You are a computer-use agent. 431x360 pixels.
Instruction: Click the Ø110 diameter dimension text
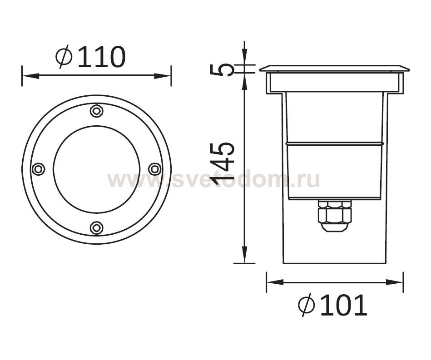pos(91,57)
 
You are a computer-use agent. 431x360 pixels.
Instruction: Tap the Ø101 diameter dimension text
pos(332,305)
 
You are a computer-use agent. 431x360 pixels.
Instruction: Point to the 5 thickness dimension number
pos(222,69)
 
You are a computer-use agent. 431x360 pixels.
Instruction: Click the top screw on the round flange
pos(96,111)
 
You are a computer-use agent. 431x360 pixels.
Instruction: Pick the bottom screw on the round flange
pos(96,228)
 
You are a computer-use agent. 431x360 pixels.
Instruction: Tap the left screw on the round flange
pos(39,169)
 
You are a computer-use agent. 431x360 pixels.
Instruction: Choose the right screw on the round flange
pos(154,169)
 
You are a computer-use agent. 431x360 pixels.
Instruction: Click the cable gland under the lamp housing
pos(334,215)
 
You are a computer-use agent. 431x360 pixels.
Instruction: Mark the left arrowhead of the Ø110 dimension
pos(30,76)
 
